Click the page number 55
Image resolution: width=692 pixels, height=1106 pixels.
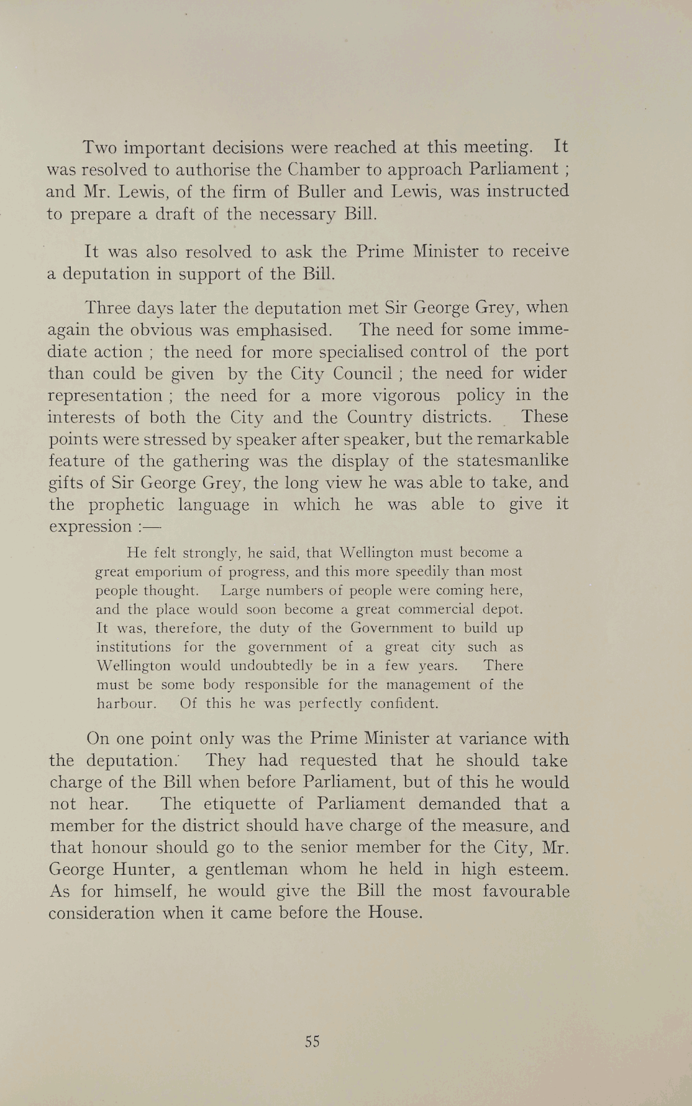click(312, 1041)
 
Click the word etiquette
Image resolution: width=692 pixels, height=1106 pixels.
click(226, 804)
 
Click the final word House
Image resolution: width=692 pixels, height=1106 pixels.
click(393, 913)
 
